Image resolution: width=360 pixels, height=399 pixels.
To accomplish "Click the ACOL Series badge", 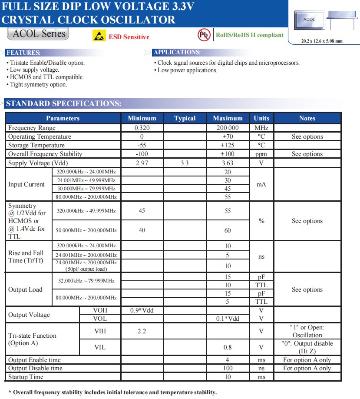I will [x=38, y=34].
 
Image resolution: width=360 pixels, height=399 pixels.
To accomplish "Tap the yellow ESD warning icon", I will [x=99, y=36].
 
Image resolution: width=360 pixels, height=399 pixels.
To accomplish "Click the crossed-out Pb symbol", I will [x=204, y=35].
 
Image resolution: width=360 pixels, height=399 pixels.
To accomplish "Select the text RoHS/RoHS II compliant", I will [x=250, y=35].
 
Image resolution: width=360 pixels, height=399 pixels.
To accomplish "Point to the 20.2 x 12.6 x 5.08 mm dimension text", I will [x=322, y=41].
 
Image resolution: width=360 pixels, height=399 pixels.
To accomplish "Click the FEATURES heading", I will [x=24, y=53].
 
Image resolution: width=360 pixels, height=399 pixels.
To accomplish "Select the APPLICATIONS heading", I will [x=177, y=53].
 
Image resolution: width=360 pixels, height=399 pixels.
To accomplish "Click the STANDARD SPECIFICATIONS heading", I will [x=63, y=103].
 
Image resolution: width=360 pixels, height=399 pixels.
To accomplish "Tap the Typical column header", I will [x=185, y=118].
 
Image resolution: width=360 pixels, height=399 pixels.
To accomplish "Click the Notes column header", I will [x=307, y=118].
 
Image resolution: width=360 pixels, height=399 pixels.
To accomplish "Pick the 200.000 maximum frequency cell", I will [x=228, y=128].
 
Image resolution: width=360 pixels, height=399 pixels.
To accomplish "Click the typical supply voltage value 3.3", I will [x=185, y=163].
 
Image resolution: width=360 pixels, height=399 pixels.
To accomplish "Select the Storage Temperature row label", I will [x=36, y=145].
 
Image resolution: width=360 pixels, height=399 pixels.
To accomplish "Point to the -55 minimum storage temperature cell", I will [x=142, y=145].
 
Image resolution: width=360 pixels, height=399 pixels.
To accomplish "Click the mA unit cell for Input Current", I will [x=261, y=184].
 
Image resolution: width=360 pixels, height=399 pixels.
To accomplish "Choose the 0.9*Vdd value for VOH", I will [x=142, y=310].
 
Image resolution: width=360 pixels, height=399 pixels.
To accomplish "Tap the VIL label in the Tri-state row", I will [x=100, y=347].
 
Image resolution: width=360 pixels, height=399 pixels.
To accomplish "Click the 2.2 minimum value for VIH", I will [x=142, y=331].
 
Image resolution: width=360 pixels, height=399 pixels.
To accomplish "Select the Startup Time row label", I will [x=26, y=377].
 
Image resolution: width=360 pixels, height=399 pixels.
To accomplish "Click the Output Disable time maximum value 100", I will [x=228, y=368].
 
